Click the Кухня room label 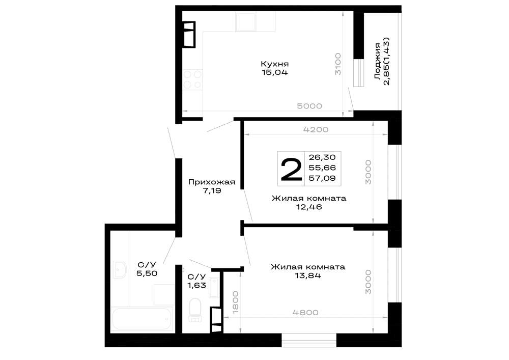tap(275, 64)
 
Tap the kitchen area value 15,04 tap(275, 72)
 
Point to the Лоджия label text tap(378, 61)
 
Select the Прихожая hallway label tap(212, 182)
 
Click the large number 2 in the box tap(291, 169)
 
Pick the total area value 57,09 tap(322, 178)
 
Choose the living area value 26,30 tap(322, 157)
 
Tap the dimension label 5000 tap(309, 106)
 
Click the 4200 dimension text tap(316, 129)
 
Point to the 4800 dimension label tap(305, 313)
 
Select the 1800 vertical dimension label tap(236, 302)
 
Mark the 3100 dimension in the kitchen tap(338, 64)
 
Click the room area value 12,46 tap(309, 207)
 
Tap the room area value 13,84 tap(308, 275)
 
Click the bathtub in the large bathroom tap(142, 319)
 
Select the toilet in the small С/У tap(195, 310)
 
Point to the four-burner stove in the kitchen tap(192, 79)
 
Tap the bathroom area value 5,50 tap(147, 273)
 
